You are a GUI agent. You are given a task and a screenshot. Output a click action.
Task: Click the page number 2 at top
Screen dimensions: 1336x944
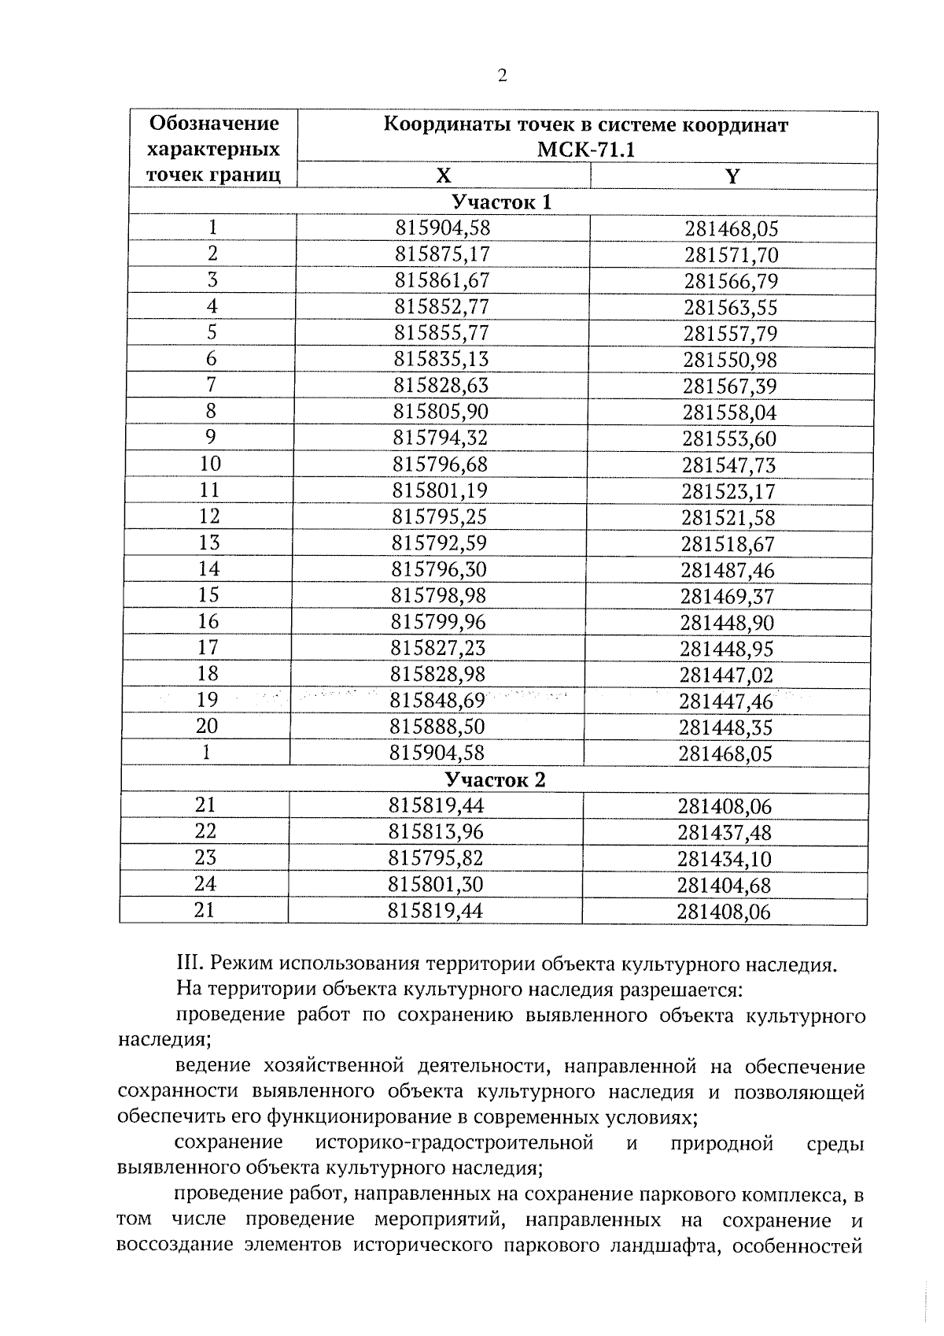point(503,76)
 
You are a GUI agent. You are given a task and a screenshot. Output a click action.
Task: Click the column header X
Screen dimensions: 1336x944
point(444,176)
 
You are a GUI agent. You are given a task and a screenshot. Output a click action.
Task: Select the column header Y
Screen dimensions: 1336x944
point(732,176)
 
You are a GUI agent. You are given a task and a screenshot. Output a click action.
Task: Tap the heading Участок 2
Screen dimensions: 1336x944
point(495,779)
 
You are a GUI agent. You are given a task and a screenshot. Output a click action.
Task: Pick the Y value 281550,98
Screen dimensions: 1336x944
point(729,360)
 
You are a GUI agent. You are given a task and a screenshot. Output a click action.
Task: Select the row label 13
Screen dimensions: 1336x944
point(209,542)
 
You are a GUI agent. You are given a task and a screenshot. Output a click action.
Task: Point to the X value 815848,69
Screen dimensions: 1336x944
point(437,700)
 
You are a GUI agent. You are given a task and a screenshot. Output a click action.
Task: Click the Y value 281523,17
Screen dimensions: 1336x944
point(728,491)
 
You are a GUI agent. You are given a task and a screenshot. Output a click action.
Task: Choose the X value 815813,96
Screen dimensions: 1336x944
point(436,831)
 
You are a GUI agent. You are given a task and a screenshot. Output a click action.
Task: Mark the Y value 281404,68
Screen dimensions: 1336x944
point(724,886)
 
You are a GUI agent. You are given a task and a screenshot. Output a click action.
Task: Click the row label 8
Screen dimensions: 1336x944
point(211,411)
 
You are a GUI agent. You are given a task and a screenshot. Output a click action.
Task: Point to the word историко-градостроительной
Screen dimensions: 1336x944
point(453,1142)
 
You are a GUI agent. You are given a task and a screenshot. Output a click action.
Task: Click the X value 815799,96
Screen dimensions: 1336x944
point(438,622)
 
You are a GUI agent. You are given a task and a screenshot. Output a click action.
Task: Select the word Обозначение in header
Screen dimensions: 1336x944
point(214,124)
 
